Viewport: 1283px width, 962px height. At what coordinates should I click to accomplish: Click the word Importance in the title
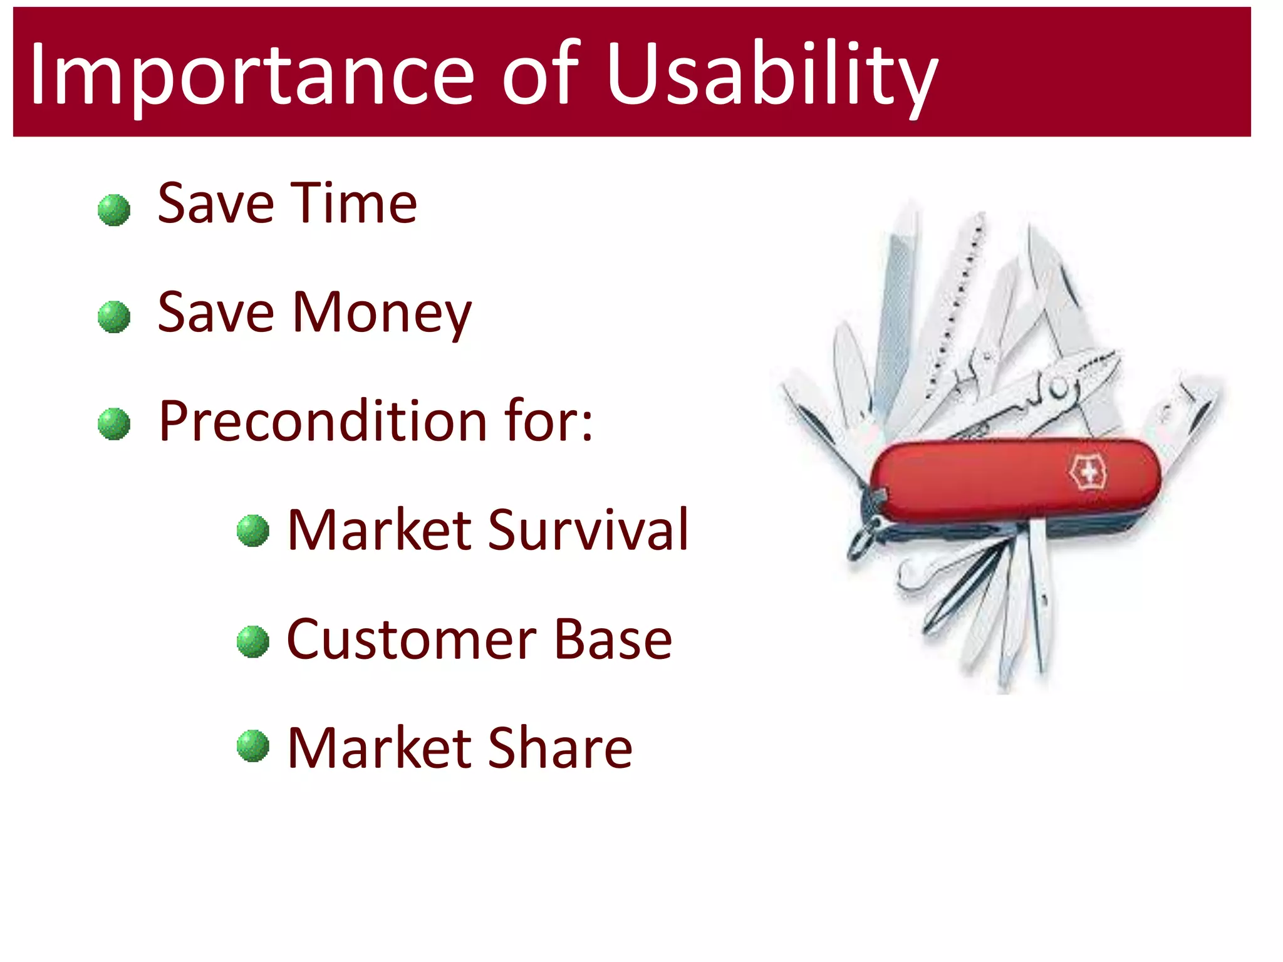251,74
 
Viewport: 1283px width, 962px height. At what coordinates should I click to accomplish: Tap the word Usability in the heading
771,74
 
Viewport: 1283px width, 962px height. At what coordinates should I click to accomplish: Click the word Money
382,313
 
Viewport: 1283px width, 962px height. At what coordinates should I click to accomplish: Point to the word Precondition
323,421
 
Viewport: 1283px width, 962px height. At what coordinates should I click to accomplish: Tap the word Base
613,639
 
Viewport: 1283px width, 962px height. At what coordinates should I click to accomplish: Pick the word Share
560,748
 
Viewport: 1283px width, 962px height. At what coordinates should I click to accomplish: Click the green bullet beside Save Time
114,210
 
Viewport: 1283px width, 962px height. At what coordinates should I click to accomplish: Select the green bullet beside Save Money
114,317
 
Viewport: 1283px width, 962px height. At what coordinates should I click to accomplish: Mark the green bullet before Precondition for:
114,424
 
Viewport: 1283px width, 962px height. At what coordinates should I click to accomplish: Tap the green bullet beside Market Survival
253,530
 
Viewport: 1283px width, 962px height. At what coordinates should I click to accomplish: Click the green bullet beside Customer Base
253,641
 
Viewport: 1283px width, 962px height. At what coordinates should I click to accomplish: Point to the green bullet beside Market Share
253,746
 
